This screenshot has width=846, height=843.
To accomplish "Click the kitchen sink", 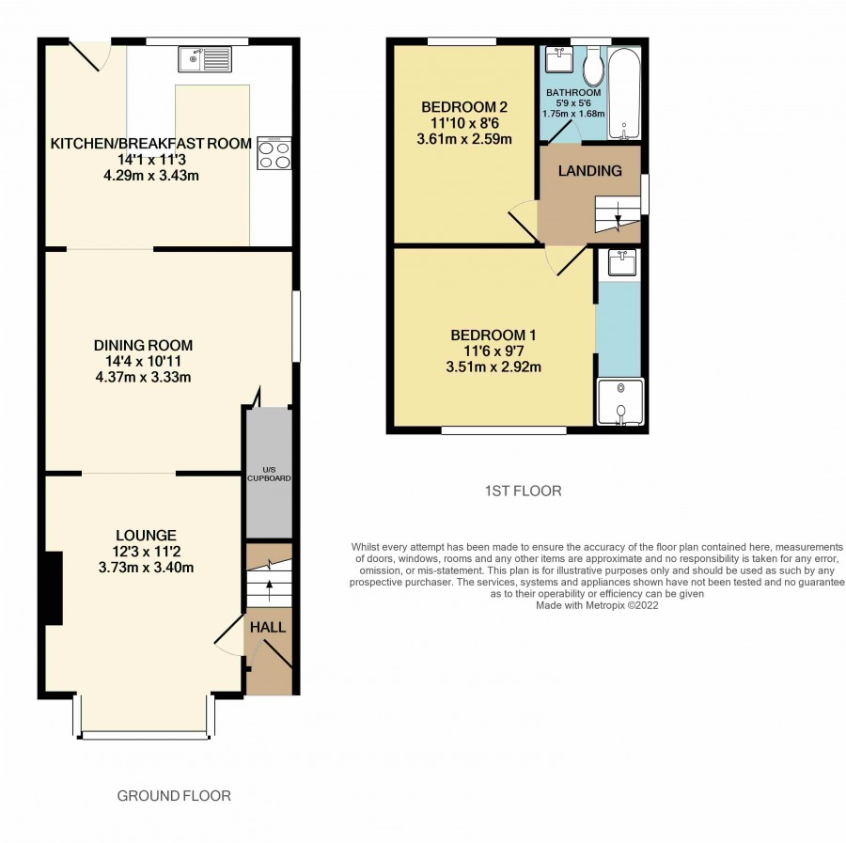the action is [x=205, y=59].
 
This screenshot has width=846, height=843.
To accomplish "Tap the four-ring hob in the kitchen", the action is [x=274, y=154].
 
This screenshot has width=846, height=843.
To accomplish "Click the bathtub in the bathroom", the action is [x=625, y=93].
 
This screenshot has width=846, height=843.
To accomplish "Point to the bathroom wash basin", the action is [x=559, y=59].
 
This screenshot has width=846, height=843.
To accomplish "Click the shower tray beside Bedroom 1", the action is [x=620, y=402].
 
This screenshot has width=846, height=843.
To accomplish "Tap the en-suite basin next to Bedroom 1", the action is [x=622, y=262].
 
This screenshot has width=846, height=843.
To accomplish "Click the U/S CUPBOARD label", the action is [x=269, y=474].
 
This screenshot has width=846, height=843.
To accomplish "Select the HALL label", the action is [x=268, y=627].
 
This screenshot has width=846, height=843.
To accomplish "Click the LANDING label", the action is [x=589, y=171].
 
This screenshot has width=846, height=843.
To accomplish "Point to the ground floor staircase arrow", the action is [x=269, y=590].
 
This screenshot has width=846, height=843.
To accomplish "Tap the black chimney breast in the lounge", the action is [x=54, y=588].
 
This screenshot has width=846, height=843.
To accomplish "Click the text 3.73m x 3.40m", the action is [x=147, y=568].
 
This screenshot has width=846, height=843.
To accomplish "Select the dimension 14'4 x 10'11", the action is [x=143, y=361].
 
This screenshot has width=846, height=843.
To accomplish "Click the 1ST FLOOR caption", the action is [x=523, y=491].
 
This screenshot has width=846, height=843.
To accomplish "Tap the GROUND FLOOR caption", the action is [x=174, y=795].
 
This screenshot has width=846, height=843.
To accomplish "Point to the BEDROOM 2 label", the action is [x=464, y=107].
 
